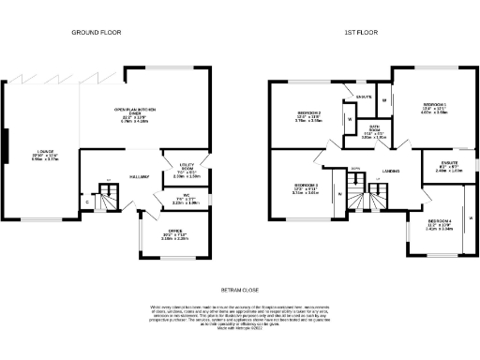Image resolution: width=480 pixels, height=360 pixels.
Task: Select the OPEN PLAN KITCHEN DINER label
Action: click(x=135, y=115)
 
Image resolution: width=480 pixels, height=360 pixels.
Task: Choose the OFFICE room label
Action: click(x=175, y=233)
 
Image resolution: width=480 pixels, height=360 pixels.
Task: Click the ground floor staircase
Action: click(x=110, y=196)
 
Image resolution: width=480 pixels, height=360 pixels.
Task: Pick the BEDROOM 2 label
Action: click(x=309, y=116)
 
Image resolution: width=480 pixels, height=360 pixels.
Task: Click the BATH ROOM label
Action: click(x=373, y=131)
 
